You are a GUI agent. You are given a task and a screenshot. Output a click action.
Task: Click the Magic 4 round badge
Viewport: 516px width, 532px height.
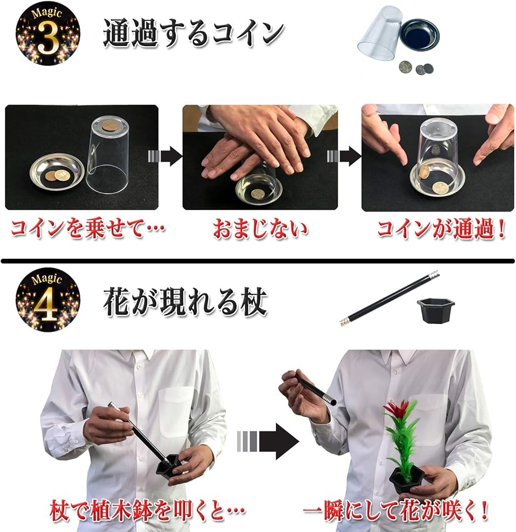pyautogui.click(x=47, y=299)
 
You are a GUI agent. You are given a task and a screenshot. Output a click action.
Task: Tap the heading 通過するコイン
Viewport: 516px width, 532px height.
pyautogui.click(x=193, y=33)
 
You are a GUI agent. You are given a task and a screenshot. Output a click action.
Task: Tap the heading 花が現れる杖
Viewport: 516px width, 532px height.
pyautogui.click(x=185, y=302)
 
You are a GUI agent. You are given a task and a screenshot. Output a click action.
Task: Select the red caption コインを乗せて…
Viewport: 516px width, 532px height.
pyautogui.click(x=87, y=228)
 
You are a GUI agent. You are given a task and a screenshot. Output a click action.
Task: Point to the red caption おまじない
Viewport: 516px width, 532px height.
pyautogui.click(x=260, y=228)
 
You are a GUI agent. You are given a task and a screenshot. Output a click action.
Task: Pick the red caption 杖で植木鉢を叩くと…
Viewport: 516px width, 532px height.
pyautogui.click(x=147, y=511)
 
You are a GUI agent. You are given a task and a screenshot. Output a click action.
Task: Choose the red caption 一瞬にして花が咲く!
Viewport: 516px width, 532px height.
pyautogui.click(x=396, y=511)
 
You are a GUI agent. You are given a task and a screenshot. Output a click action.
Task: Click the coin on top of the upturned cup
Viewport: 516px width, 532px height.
pyautogui.click(x=111, y=126)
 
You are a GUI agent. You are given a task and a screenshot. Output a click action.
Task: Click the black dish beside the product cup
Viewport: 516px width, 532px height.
pyautogui.click(x=419, y=34)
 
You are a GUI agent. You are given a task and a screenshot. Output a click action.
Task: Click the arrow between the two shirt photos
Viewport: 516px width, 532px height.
pyautogui.click(x=268, y=441)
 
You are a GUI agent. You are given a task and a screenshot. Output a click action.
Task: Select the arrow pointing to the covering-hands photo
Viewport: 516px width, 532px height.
pyautogui.click(x=165, y=157)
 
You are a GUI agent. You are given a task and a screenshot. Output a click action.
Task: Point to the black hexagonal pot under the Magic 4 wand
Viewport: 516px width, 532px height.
pyautogui.click(x=435, y=309)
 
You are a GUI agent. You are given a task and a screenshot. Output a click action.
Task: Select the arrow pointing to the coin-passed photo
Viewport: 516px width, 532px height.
pyautogui.click(x=344, y=157)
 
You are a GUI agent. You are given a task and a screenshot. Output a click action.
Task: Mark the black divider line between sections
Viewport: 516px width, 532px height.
pyautogui.click(x=258, y=261)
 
